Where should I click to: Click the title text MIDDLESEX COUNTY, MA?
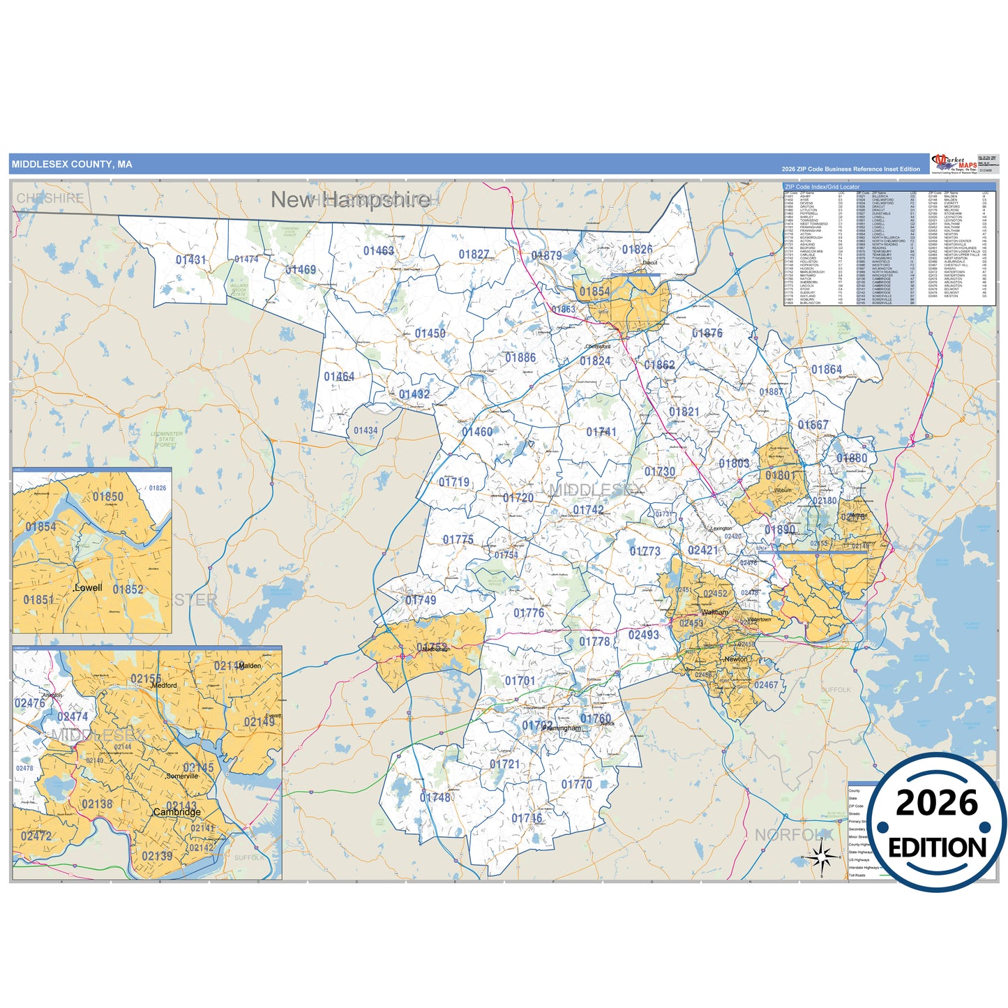pos(72,165)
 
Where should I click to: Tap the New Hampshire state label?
pos(350,200)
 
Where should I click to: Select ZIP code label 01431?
pos(190,260)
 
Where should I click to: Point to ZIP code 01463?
pos(378,250)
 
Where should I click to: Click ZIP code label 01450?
pos(430,333)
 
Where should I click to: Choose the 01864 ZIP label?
pos(826,370)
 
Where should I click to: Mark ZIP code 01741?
pos(601,432)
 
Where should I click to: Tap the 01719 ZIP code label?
pos(453,482)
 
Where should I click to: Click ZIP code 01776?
pos(529,613)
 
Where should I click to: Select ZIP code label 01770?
pos(576,785)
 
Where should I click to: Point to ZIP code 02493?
pos(643,635)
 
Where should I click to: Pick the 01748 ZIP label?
pos(435,797)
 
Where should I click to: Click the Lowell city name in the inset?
pos(88,588)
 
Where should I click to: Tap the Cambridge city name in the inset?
pos(176,812)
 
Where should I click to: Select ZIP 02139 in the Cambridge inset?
pos(157,856)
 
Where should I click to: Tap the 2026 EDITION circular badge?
pos(936,823)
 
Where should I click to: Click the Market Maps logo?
pos(954,164)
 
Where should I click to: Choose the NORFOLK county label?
pos(793,835)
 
